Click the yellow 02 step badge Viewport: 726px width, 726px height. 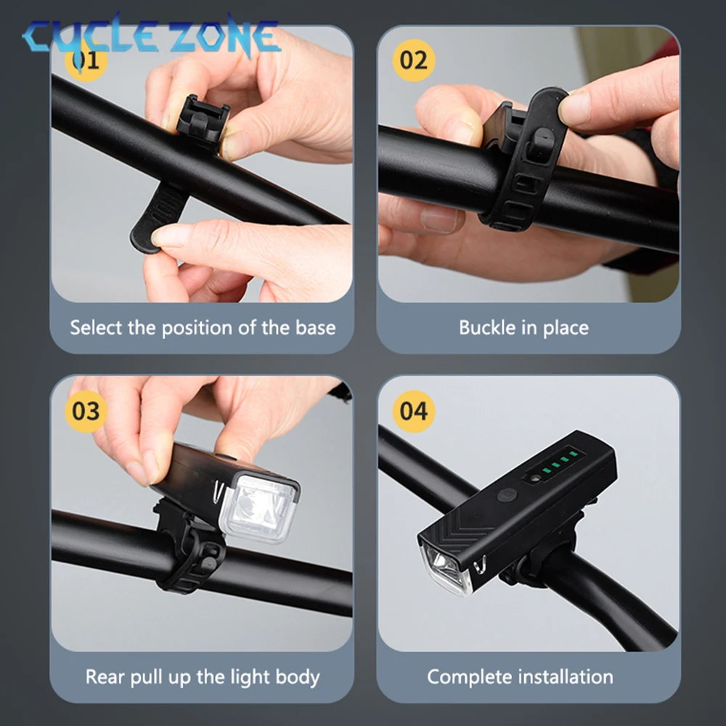pyautogui.click(x=413, y=60)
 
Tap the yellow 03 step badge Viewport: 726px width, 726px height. pyautogui.click(x=86, y=411)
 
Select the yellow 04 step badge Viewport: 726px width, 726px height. pyautogui.click(x=413, y=411)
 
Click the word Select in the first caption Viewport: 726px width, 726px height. pyautogui.click(x=96, y=327)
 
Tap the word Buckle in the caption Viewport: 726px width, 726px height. pyautogui.click(x=486, y=327)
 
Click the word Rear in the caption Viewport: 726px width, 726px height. pyautogui.click(x=105, y=677)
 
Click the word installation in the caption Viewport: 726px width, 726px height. pyautogui.click(x=566, y=677)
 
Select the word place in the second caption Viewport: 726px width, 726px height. pyautogui.click(x=565, y=327)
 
